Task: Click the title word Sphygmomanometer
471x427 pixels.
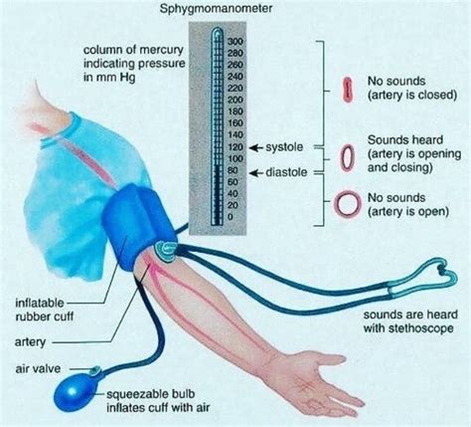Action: point(217,8)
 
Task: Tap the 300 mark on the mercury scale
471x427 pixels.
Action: point(235,42)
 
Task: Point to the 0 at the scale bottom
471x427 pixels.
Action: point(231,217)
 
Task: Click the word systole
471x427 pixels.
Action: point(284,147)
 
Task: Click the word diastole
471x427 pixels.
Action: point(286,172)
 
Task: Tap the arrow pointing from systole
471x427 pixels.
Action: point(256,147)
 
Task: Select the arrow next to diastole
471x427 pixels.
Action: point(256,173)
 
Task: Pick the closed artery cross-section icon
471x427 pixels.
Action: point(347,90)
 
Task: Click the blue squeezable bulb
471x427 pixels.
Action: point(76,394)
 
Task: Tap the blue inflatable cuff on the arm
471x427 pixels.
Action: point(139,227)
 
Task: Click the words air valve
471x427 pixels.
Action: point(38,368)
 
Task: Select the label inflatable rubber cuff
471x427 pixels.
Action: point(45,310)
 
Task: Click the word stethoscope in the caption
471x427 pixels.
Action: point(420,328)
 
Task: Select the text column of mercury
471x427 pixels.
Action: point(133,50)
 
